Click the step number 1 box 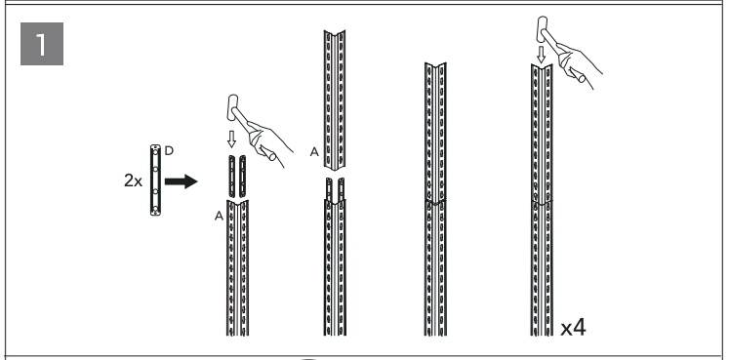(42, 44)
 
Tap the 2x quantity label (133, 180)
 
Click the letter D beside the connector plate (169, 151)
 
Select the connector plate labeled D (155, 180)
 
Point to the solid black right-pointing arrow (182, 181)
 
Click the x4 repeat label (573, 328)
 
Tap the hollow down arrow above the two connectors (231, 139)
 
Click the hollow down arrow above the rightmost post (541, 55)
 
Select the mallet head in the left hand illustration (232, 107)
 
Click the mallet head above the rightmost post (542, 29)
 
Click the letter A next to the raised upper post (315, 152)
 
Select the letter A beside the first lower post (219, 216)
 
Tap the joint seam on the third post (435, 202)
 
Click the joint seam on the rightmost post (542, 202)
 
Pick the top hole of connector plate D (155, 150)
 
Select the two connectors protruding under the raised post (335, 189)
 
